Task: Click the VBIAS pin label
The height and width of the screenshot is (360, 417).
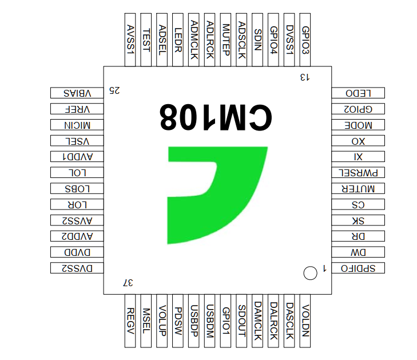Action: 77,93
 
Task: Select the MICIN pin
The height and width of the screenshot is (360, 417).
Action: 77,125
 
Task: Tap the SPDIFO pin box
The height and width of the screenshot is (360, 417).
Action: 358,268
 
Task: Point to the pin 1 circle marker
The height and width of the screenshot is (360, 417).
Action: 310,273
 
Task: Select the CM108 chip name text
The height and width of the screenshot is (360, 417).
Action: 216,117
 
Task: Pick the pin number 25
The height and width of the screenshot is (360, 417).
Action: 114,90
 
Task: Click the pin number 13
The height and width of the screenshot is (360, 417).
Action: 305,77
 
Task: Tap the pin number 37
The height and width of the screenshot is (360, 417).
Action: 128,283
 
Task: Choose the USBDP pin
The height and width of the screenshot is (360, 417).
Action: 193,321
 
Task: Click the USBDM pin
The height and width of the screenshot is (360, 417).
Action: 209,321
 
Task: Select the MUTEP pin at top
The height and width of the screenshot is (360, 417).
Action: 225,39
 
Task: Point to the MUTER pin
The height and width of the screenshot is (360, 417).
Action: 358,188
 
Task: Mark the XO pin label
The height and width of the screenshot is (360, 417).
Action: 358,141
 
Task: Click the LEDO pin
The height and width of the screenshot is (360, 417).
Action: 358,93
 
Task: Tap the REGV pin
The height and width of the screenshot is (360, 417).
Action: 130,321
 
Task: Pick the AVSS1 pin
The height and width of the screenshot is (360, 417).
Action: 130,39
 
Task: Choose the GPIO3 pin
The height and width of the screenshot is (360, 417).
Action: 305,39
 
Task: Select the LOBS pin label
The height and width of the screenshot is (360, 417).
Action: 77,189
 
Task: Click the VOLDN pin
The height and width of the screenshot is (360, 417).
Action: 305,321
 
